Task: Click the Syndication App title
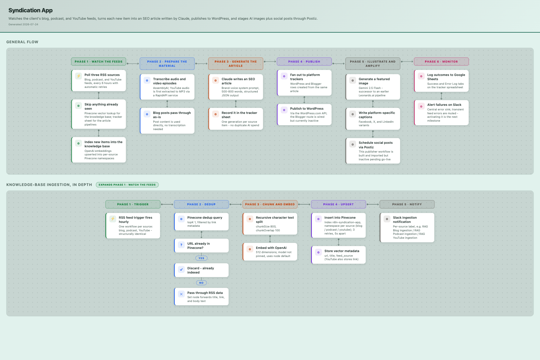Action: (x=30, y=10)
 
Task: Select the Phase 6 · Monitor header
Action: (x=441, y=62)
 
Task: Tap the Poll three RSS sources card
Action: (x=98, y=81)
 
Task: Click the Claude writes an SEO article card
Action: (x=236, y=87)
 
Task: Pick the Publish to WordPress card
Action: (x=304, y=114)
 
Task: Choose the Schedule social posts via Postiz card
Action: (x=373, y=151)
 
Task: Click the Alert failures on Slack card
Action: (x=441, y=112)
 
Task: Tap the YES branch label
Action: (x=201, y=258)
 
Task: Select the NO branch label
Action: (x=201, y=283)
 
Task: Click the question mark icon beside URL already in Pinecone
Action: (x=181, y=245)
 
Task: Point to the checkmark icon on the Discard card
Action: (x=181, y=270)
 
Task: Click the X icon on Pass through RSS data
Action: (x=181, y=294)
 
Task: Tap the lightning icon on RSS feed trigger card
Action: (x=112, y=219)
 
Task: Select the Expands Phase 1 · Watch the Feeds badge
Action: (x=127, y=185)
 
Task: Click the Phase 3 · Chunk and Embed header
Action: (x=270, y=204)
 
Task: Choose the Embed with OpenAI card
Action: (x=270, y=252)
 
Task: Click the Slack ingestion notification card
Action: (x=407, y=227)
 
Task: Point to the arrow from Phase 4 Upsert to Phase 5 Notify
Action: (x=373, y=204)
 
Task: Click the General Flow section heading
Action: (x=22, y=42)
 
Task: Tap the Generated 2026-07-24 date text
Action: (x=23, y=24)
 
